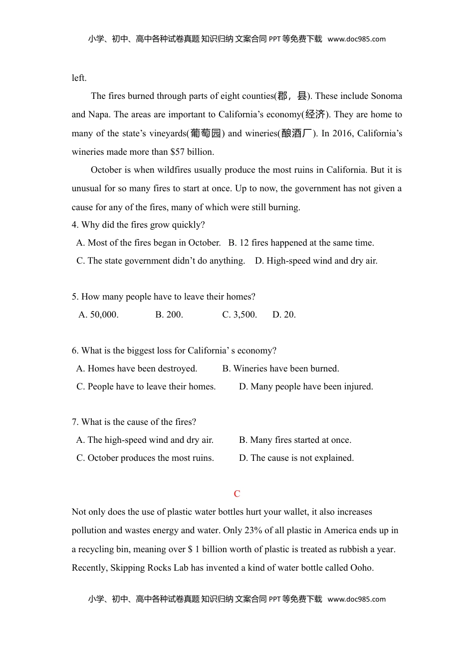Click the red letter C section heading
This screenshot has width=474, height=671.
237,494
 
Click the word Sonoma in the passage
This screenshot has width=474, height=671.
386,96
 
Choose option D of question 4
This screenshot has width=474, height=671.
316,261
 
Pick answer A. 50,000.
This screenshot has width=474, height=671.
99,315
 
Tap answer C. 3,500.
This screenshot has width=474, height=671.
239,315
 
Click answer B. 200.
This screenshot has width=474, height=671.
169,315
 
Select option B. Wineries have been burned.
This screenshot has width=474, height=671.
280,368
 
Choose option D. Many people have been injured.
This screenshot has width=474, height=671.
306,386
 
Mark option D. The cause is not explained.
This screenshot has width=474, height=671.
296,458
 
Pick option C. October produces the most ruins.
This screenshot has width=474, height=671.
145,458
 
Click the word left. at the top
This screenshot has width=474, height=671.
79,78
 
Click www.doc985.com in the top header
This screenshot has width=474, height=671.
357,39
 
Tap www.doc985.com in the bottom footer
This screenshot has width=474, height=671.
357,599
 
